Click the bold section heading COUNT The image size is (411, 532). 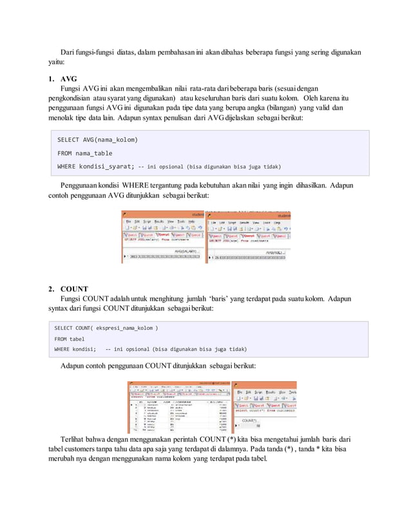(x=75, y=288)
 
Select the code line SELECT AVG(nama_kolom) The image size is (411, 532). (x=97, y=140)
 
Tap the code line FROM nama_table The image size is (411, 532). (x=84, y=153)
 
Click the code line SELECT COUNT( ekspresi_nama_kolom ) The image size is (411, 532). (x=106, y=328)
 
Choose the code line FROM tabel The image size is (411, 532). (x=69, y=339)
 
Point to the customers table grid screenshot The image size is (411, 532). (x=178, y=407)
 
